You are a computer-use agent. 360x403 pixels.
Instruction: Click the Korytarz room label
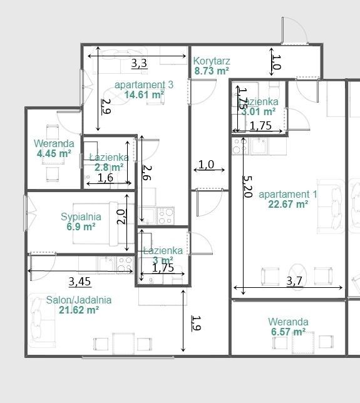click(212, 61)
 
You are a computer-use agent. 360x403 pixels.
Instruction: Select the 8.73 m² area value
click(212, 71)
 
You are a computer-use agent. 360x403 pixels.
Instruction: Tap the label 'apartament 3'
click(143, 84)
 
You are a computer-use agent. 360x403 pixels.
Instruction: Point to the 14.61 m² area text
click(144, 95)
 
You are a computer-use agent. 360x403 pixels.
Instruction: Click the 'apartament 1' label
click(287, 194)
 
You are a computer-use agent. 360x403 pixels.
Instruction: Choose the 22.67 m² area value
click(287, 204)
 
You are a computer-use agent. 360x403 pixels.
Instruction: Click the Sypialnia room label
click(81, 217)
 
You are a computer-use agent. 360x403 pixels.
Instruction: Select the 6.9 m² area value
click(81, 227)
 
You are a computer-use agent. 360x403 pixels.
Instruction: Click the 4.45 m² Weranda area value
click(53, 153)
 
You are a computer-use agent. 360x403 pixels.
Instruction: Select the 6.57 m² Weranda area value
click(288, 332)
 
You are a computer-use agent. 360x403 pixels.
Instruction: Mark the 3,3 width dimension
click(138, 63)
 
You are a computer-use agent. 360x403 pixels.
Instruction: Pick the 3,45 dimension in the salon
click(80, 281)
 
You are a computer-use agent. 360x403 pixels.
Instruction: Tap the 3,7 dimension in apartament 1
click(294, 282)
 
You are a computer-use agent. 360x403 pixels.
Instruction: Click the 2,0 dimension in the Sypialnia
click(122, 217)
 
